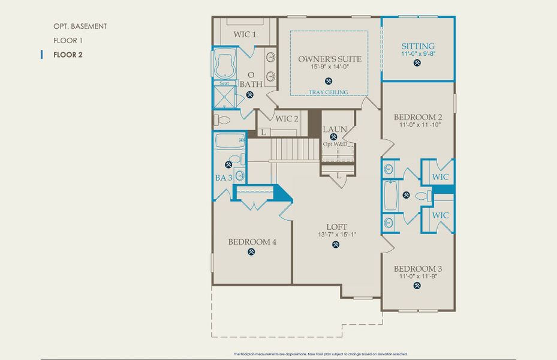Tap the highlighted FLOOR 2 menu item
[x=67, y=55]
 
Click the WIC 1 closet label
[x=245, y=35]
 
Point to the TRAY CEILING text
[x=329, y=92]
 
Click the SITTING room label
[x=418, y=46]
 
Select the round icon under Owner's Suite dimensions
[x=329, y=80]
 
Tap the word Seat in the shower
[x=224, y=83]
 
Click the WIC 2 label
[x=287, y=119]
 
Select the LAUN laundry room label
[x=334, y=129]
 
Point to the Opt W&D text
[x=335, y=145]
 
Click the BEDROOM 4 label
[x=252, y=242]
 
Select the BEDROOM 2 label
[x=418, y=117]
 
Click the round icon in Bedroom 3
[x=418, y=286]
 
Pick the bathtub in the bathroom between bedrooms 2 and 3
[x=390, y=196]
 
